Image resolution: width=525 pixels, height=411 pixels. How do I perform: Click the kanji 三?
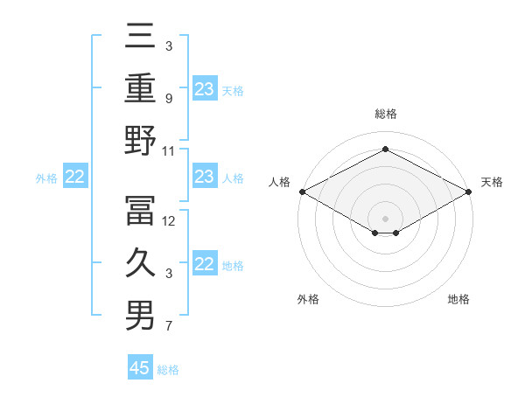tap(140, 38)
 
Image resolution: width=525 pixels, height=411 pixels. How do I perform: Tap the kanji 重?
tap(140, 87)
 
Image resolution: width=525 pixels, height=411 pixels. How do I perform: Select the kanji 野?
tap(140, 141)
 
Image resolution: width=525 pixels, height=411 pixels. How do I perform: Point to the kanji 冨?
tap(140, 210)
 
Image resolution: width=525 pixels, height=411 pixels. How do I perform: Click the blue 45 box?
tap(140, 368)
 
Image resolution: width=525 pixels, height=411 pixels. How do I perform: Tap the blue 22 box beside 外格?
tap(74, 178)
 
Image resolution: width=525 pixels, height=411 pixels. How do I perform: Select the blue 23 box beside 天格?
tap(204, 89)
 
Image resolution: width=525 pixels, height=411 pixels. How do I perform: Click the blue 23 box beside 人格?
tap(204, 178)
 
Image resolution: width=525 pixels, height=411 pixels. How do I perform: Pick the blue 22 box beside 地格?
tap(204, 265)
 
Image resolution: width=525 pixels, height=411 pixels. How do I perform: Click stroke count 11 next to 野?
tap(169, 151)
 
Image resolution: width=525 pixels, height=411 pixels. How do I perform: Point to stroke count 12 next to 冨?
tap(169, 221)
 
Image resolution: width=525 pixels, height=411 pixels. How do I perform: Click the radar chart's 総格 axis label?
tap(385, 114)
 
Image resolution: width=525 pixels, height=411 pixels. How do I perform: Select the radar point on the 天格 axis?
tap(470, 192)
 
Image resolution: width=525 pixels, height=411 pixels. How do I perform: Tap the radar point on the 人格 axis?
tap(301, 192)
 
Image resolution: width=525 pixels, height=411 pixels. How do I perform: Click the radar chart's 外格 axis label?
tap(308, 299)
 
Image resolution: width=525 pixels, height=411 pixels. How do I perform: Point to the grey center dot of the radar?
tap(385, 218)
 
